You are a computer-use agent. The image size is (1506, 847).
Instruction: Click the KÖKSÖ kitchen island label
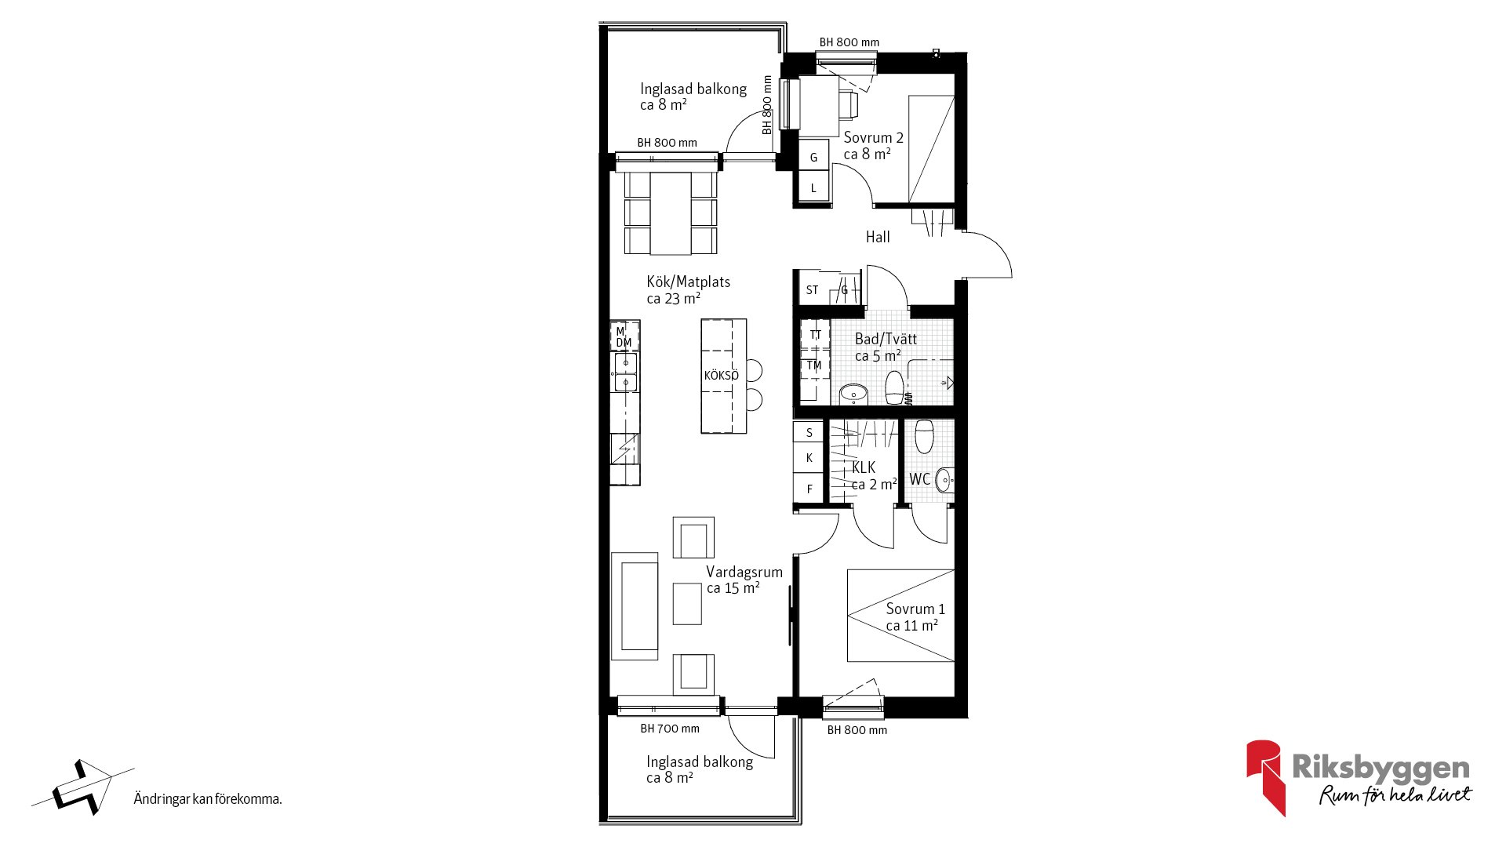[721, 376]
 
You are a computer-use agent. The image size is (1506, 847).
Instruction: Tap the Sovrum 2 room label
[873, 138]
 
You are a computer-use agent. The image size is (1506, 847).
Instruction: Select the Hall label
[878, 237]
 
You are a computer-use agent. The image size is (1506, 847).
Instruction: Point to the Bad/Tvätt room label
[886, 339]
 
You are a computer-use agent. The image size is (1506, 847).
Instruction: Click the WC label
[919, 478]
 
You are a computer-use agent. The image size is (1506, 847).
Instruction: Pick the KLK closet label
[864, 467]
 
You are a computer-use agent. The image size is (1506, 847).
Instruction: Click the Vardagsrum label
[744, 573]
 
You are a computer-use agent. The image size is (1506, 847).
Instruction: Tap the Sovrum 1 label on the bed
[915, 609]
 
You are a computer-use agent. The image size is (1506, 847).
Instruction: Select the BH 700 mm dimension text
[670, 729]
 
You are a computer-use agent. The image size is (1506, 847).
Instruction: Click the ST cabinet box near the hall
[812, 289]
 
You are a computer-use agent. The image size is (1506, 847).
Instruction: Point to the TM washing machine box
[814, 365]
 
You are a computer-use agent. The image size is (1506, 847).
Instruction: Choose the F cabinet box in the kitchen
[809, 487]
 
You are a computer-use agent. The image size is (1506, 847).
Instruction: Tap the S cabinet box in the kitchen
[809, 432]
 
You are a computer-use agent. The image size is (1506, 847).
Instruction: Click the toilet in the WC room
[925, 436]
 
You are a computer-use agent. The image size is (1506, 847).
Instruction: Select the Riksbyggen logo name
[1380, 768]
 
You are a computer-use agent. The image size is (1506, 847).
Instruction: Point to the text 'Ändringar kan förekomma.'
[208, 799]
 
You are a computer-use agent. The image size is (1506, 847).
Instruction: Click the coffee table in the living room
[687, 603]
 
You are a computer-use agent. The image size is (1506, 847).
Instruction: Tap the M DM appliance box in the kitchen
[625, 336]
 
